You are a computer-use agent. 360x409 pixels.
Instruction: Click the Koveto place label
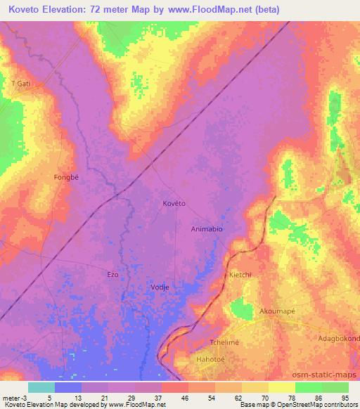pos(174,203)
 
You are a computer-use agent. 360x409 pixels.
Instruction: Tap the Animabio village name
pos(208,229)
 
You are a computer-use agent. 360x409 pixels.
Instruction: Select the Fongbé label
pos(67,177)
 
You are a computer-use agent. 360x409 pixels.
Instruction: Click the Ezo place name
pos(112,274)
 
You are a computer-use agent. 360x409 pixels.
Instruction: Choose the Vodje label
pos(160,287)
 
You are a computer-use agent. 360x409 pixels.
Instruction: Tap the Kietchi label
pos(240,275)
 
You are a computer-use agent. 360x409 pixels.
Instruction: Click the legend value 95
pos(345,397)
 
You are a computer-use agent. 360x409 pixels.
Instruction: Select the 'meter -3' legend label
pos(13,397)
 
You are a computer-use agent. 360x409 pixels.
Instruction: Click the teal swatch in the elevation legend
pos(41,387)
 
